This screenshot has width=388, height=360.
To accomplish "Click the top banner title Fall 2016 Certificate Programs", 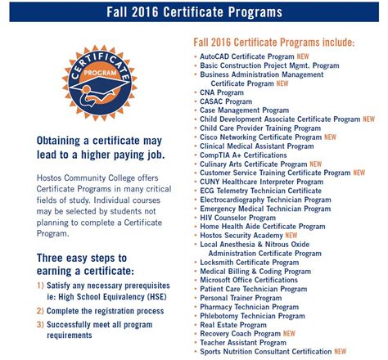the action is (194, 12).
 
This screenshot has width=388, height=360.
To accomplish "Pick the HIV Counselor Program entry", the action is (237, 218).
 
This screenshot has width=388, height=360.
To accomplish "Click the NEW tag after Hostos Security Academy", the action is (298, 235).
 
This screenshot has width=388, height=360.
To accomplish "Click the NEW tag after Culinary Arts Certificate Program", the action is (316, 164).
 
